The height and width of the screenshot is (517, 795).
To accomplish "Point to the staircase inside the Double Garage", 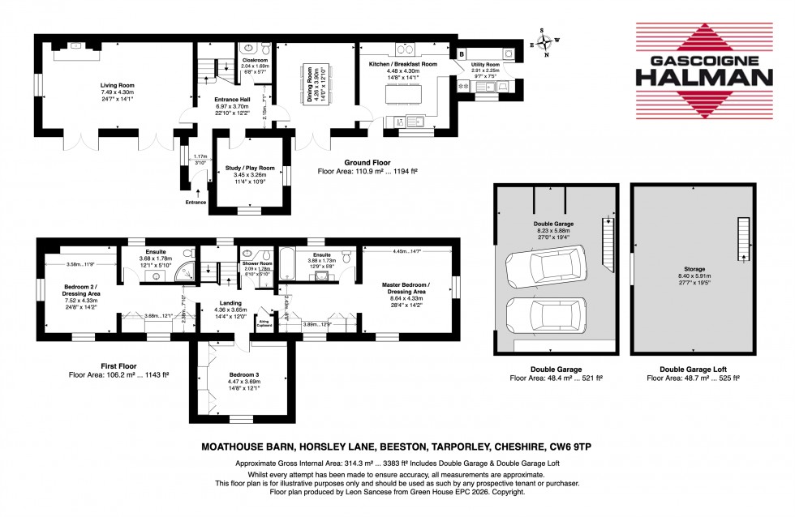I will click(604, 243).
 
